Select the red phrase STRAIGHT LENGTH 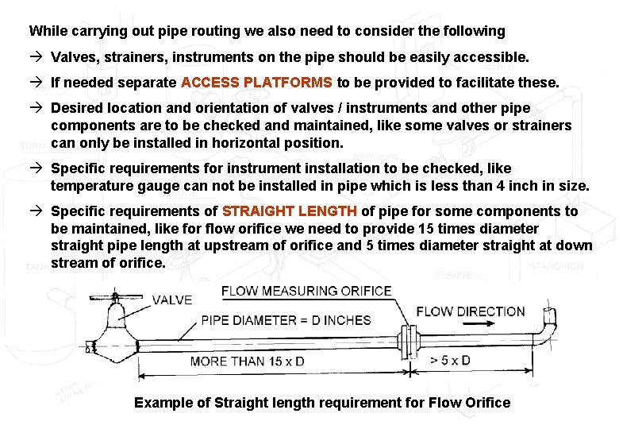(290, 211)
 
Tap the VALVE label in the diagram (171, 300)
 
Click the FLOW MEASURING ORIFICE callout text (306, 291)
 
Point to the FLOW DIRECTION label (470, 311)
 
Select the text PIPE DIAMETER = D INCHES (286, 320)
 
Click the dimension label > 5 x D (450, 361)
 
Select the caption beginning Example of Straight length (322, 403)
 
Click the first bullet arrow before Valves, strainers (37, 57)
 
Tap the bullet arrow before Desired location (37, 108)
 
